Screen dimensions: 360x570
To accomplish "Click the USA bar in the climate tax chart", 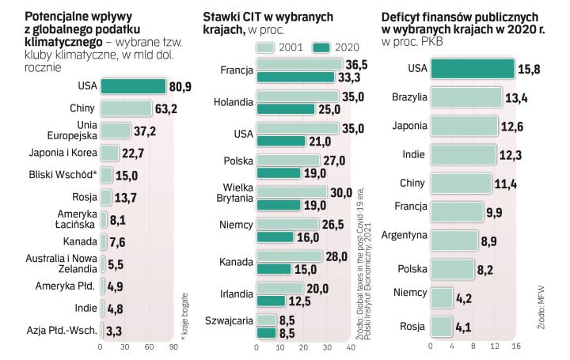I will click(133, 86).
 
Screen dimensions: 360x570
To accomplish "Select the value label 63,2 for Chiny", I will click(166, 108).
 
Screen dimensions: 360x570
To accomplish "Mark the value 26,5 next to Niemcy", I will click(336, 224).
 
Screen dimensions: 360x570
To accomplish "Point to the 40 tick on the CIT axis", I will click(349, 347).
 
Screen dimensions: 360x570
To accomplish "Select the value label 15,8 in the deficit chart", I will click(530, 69).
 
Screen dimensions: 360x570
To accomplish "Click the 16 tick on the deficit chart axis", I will click(516, 346).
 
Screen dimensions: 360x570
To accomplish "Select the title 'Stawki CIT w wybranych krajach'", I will click(267, 22).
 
